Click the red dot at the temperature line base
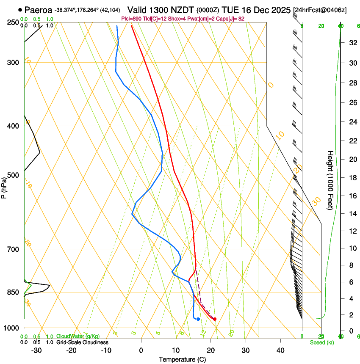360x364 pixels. coord(215,319)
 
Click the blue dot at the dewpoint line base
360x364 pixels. coord(198,319)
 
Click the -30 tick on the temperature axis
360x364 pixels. coord(36,350)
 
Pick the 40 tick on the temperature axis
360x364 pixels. coord(280,350)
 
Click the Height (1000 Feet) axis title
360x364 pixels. coord(330,180)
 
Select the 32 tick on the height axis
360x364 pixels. coord(352,43)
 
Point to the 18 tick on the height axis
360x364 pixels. coord(352,178)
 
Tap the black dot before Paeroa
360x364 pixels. coord(20,9)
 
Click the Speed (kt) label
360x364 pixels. coord(322,342)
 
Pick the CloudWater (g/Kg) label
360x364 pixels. coord(78,336)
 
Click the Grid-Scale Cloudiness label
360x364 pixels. coord(82,342)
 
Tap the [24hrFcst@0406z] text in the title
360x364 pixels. coord(320,10)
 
